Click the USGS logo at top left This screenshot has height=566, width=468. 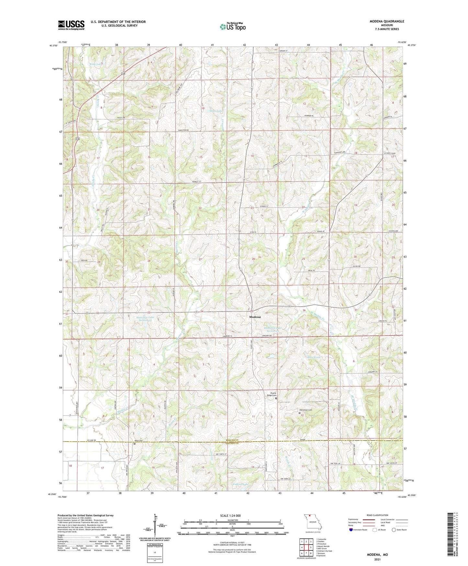(71, 25)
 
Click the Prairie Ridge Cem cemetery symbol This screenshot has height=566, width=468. (276, 399)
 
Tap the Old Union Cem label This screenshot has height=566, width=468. (305, 410)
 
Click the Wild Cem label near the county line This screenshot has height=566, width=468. (138, 441)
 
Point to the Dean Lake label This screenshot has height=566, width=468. (215, 111)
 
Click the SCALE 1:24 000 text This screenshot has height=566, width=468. (230, 515)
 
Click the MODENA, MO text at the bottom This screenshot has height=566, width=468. (377, 555)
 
